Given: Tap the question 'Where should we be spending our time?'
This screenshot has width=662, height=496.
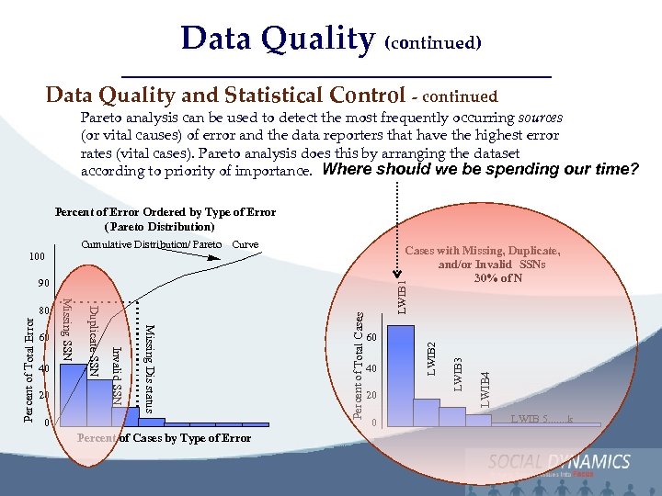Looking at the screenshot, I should point(481,170).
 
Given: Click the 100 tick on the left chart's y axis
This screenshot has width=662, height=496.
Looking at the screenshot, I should point(36,254).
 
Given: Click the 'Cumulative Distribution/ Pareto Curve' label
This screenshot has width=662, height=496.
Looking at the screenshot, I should point(169,245).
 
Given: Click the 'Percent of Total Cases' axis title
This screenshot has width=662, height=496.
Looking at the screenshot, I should point(360,365).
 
